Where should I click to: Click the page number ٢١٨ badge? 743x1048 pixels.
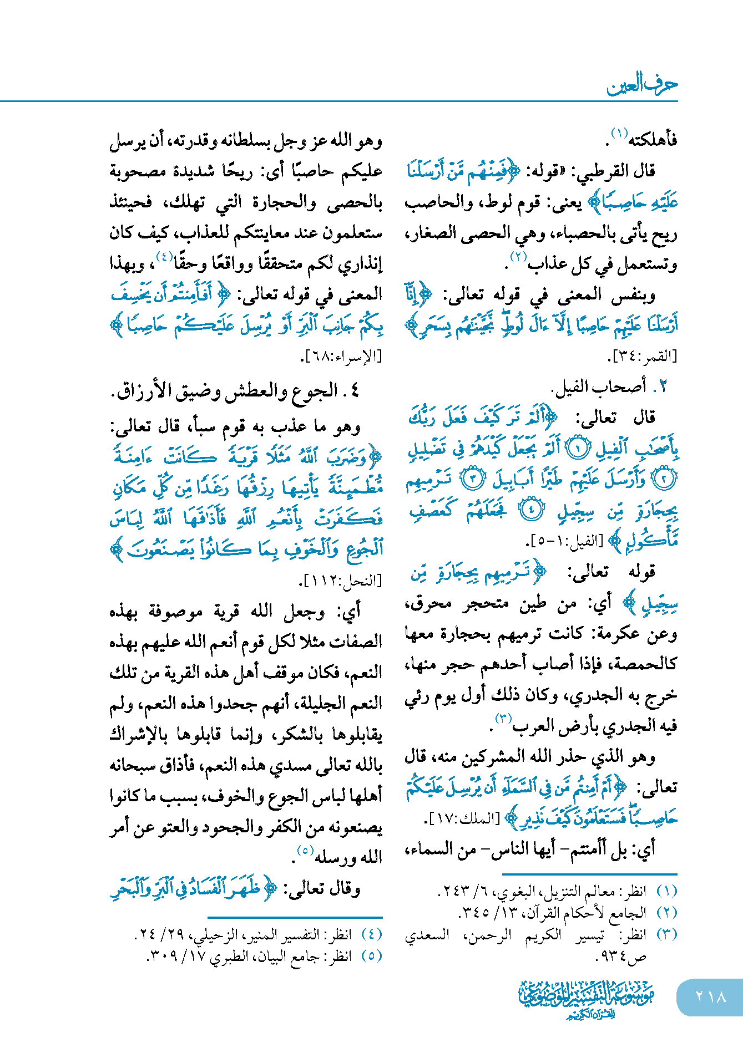click(710, 997)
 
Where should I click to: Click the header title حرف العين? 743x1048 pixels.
click(642, 84)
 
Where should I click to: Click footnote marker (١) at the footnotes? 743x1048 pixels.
click(667, 891)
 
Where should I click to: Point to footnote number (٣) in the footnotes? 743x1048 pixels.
click(667, 934)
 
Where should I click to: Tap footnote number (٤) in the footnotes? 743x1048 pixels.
click(372, 934)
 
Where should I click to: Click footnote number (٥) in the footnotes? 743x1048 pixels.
click(372, 956)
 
